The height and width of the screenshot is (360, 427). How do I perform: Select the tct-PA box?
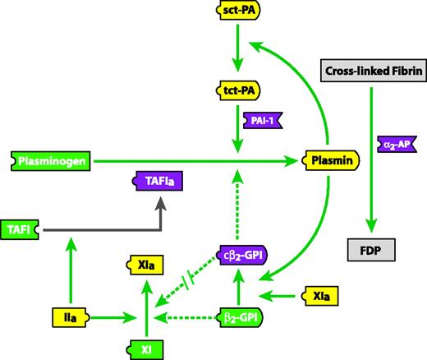pyautogui.click(x=236, y=89)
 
